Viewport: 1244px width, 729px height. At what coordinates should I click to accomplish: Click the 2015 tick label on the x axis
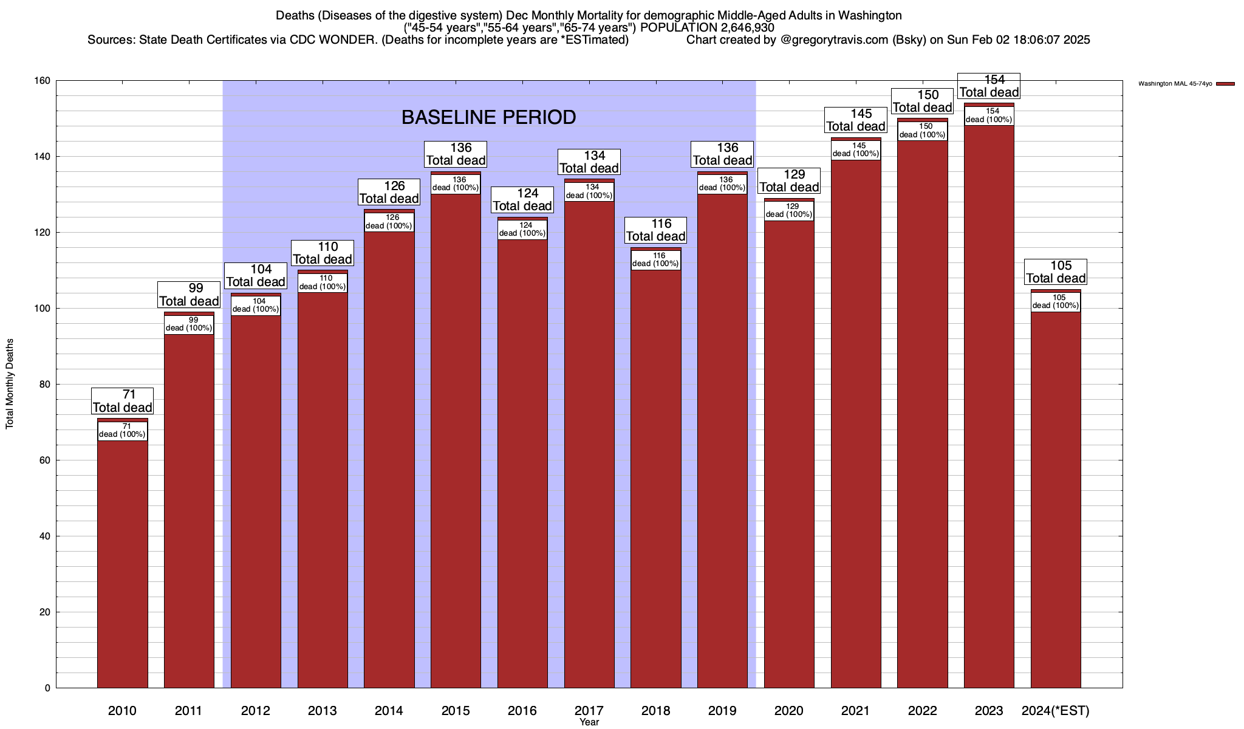tap(456, 711)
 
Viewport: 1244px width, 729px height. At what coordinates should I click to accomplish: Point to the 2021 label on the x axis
tap(855, 711)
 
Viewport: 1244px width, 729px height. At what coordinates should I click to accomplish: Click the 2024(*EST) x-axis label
tap(1056, 711)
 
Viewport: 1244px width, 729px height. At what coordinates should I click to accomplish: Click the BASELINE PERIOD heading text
tap(488, 117)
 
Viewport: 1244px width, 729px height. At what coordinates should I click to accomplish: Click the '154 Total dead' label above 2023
tap(989, 86)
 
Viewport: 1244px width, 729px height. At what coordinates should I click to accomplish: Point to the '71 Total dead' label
tap(122, 402)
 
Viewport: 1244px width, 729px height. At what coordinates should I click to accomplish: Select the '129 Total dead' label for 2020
tap(789, 181)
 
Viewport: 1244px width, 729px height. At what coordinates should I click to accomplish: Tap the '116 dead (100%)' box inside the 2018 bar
tap(655, 260)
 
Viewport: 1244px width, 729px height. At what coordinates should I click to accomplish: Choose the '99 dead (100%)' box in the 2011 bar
tap(189, 324)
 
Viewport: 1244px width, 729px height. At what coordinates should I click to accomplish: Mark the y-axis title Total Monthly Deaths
tap(10, 383)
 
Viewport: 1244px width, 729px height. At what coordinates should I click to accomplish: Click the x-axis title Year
tap(589, 722)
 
